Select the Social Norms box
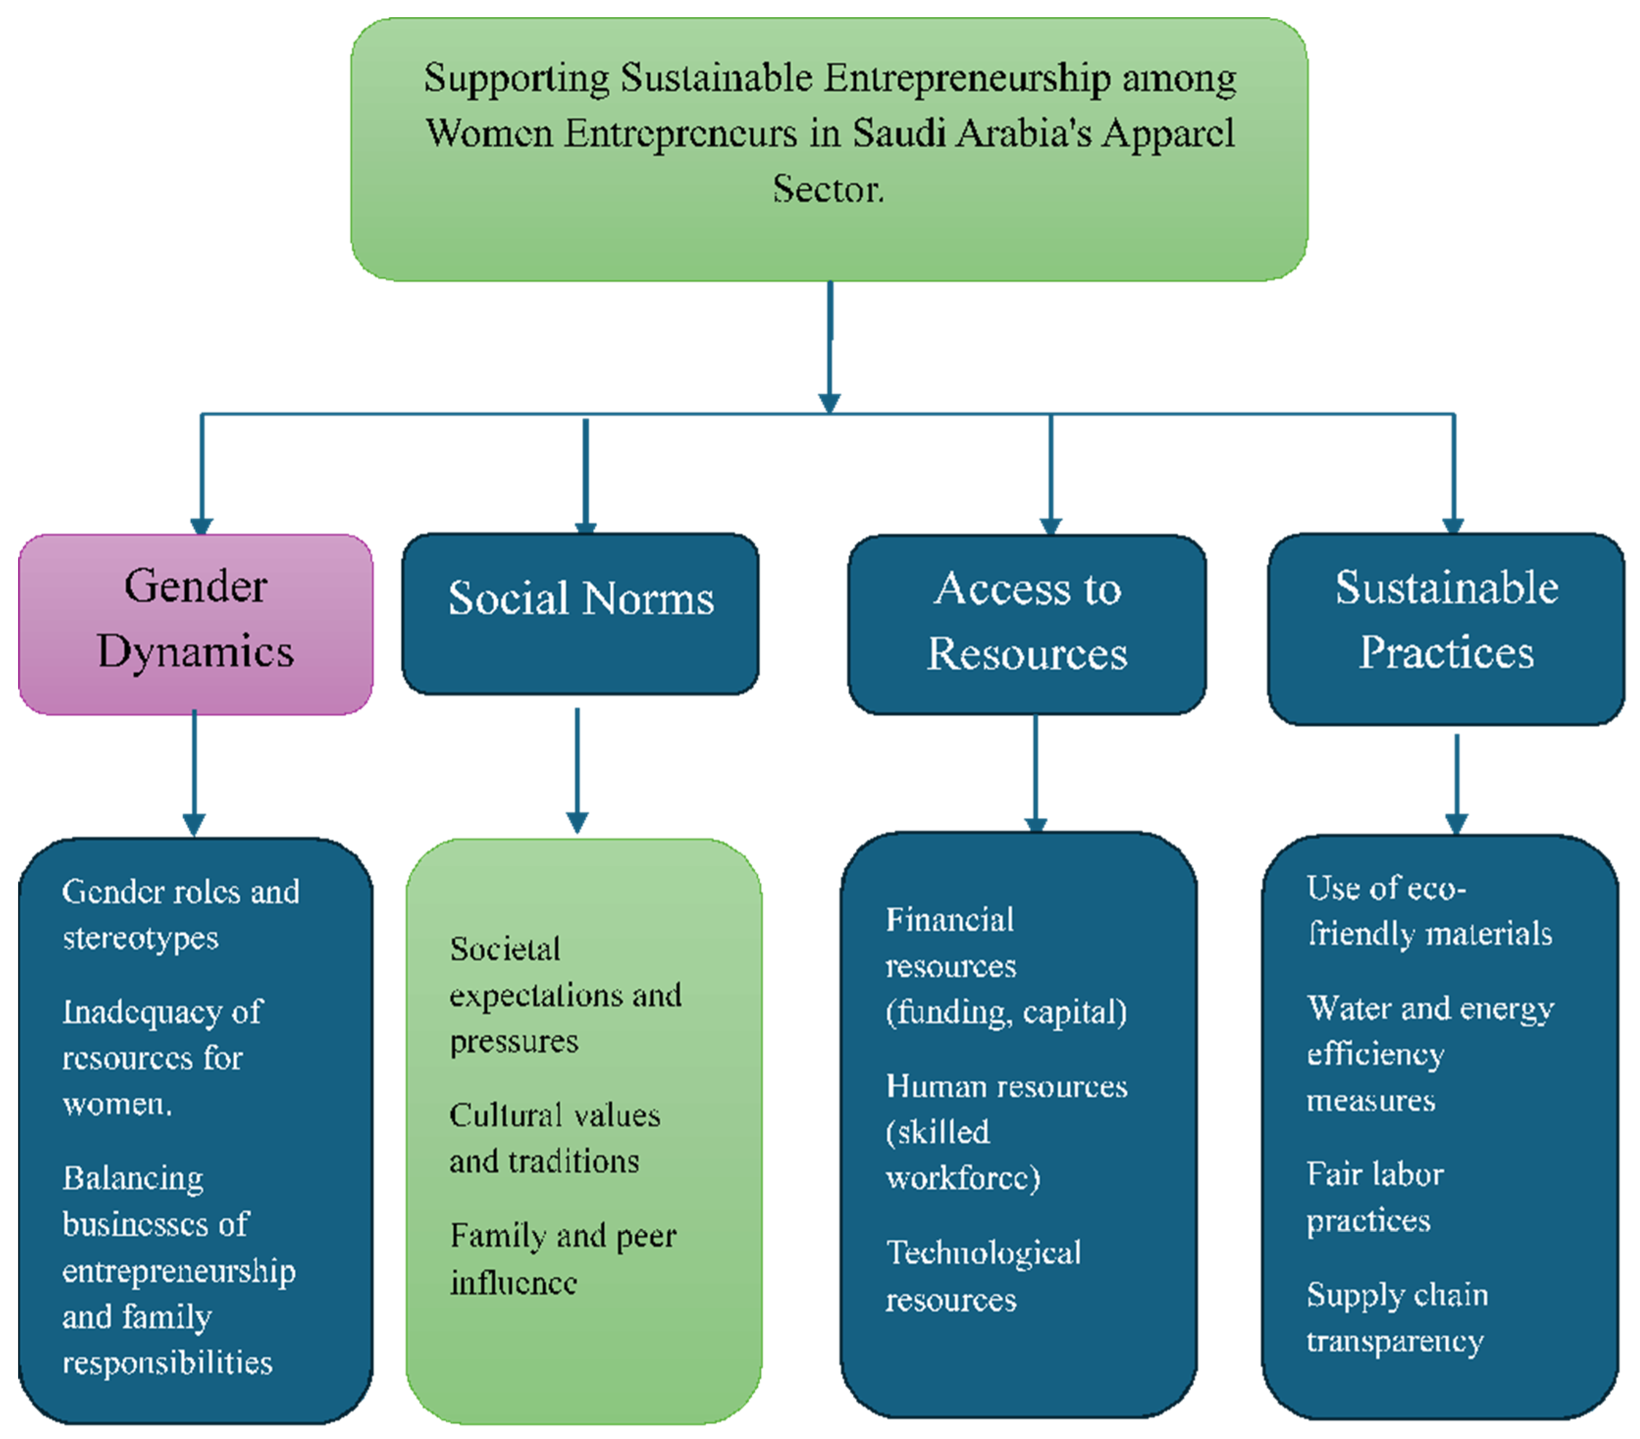pos(580,612)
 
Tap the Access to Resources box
pos(1026,624)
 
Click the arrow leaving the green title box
pos(830,345)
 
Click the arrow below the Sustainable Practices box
pos(1456,783)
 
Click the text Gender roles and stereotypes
pos(181,914)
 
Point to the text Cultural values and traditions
pos(554,1137)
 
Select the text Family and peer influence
pos(562,1258)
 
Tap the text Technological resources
pos(983,1275)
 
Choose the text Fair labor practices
pos(1375,1197)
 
